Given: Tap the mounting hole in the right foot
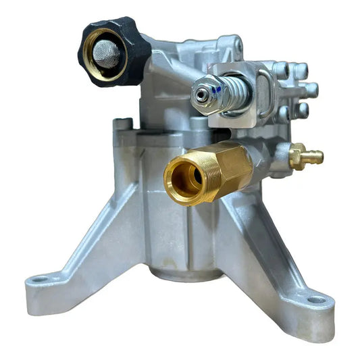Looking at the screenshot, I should (x=315, y=300).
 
